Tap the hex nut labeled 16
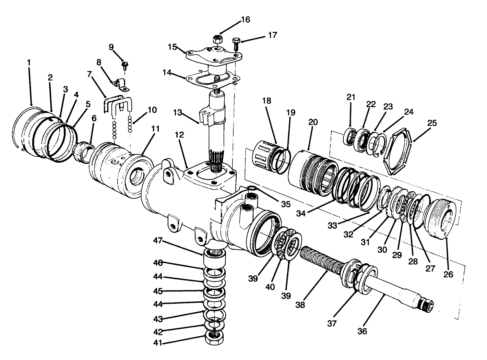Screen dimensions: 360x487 (217, 39)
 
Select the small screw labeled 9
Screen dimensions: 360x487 (125, 65)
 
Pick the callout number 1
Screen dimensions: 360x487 (29, 63)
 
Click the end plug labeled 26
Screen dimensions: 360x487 (442, 218)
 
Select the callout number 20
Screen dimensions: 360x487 (313, 122)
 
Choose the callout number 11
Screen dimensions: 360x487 (155, 129)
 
